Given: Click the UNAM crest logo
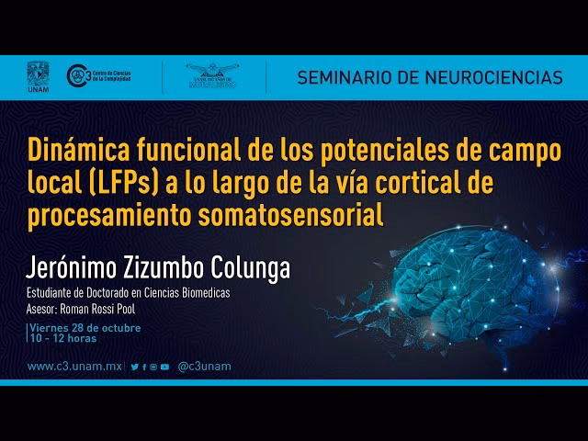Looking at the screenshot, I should tap(38, 76).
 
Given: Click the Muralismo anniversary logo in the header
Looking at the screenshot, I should tap(212, 76).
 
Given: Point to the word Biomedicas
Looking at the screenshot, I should tap(200, 293).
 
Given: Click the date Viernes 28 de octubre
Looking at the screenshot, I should tap(85, 327).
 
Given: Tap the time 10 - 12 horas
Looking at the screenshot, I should tap(63, 338).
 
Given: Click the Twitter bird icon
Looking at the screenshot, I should tap(135, 367).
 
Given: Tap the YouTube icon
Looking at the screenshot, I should tap(164, 367).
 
